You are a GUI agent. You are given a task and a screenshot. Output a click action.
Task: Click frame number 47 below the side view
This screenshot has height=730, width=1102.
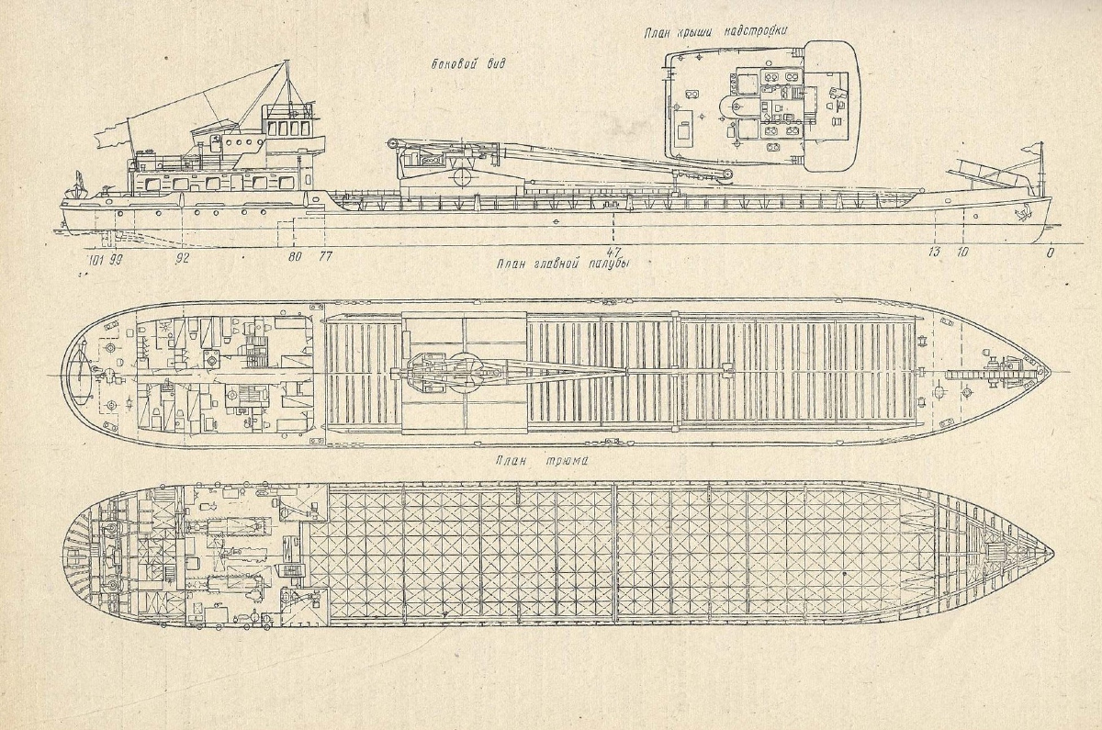point(613,252)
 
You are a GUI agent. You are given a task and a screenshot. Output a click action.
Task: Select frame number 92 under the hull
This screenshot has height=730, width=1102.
point(184,258)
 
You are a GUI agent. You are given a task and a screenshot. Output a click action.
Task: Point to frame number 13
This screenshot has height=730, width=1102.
point(933,253)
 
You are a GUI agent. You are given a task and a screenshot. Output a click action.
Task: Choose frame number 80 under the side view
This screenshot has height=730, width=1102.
point(295,257)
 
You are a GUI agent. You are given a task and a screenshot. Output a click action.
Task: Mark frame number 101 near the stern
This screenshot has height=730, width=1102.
point(95,259)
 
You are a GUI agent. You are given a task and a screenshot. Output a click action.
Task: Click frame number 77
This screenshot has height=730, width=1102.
point(325,256)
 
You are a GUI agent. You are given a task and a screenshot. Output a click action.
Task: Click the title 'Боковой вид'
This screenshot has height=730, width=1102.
point(467,64)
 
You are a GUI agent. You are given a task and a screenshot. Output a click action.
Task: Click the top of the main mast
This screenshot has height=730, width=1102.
point(287,62)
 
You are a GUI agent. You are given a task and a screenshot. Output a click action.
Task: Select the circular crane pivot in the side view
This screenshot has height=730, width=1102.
point(464,177)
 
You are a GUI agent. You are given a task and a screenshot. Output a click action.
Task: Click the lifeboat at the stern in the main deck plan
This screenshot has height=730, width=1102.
point(80,374)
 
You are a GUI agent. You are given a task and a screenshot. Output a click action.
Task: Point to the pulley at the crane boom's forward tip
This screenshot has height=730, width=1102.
point(726,174)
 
